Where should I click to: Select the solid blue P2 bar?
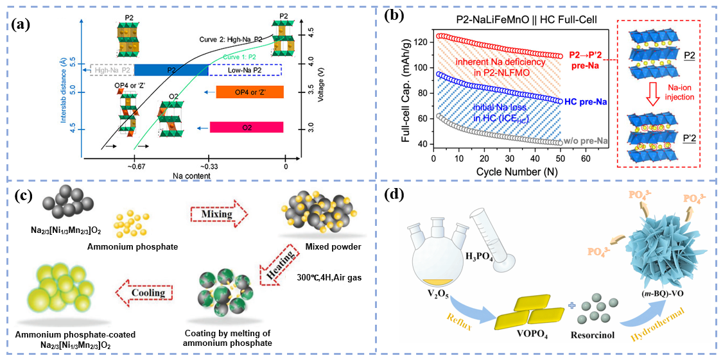[171, 70]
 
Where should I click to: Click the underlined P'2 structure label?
[690, 155]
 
